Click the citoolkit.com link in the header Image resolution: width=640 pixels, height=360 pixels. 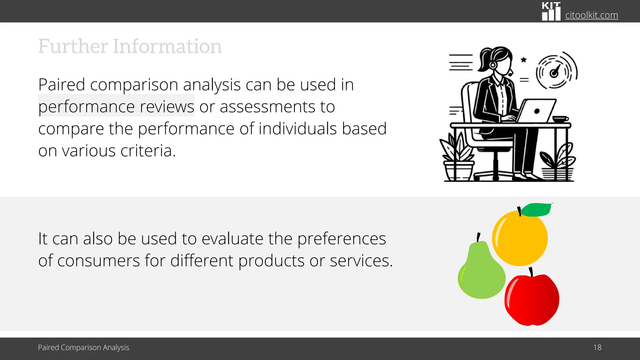point(591,15)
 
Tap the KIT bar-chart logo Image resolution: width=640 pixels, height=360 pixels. point(551,12)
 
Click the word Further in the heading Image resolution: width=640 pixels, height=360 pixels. point(73,46)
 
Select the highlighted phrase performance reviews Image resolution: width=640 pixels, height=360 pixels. point(116,107)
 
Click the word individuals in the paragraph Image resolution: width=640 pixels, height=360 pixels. point(298,129)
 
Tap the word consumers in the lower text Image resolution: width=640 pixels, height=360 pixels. point(98,261)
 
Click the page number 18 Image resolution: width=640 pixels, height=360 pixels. point(597,347)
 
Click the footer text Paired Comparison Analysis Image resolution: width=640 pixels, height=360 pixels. point(83,347)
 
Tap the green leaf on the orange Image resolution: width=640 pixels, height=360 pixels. point(536,209)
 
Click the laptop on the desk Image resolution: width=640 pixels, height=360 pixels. point(537,111)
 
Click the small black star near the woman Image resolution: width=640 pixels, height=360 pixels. point(524,60)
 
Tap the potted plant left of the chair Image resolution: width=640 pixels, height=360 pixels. point(457,159)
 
